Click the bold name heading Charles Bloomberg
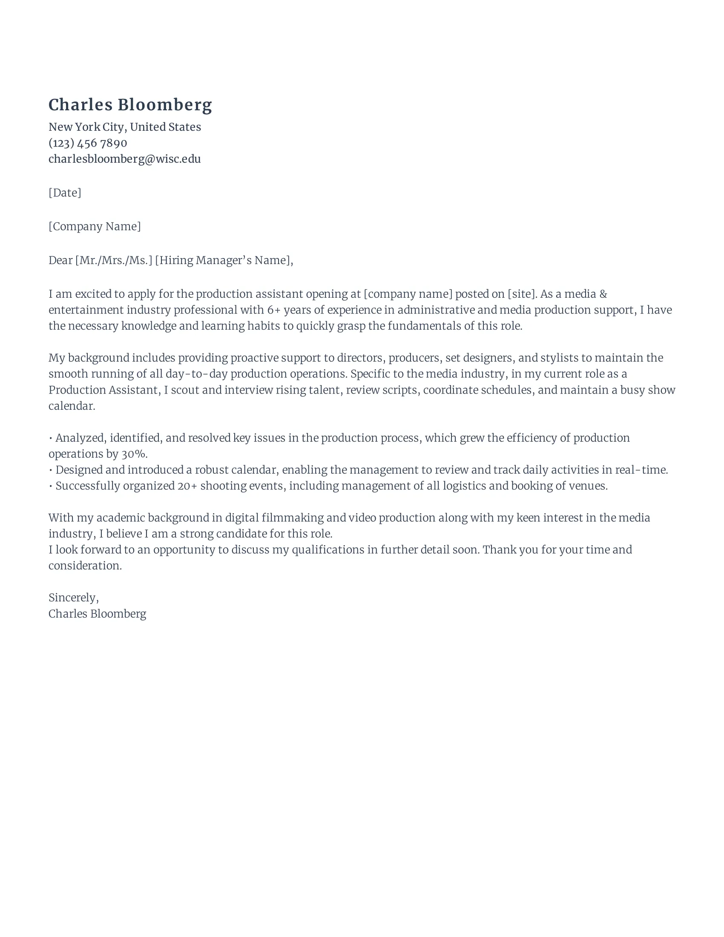pos(130,105)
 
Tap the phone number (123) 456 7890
pos(87,143)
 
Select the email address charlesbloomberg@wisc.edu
pos(124,159)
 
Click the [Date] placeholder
pos(65,193)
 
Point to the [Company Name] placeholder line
pos(95,226)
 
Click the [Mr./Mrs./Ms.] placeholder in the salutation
pos(114,260)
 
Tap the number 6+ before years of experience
pos(273,310)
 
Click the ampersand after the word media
pos(603,294)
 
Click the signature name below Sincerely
pos(98,613)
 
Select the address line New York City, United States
pos(124,127)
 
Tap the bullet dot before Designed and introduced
pos(51,470)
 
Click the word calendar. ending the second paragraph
pos(72,406)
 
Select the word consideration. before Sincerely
pos(85,566)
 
